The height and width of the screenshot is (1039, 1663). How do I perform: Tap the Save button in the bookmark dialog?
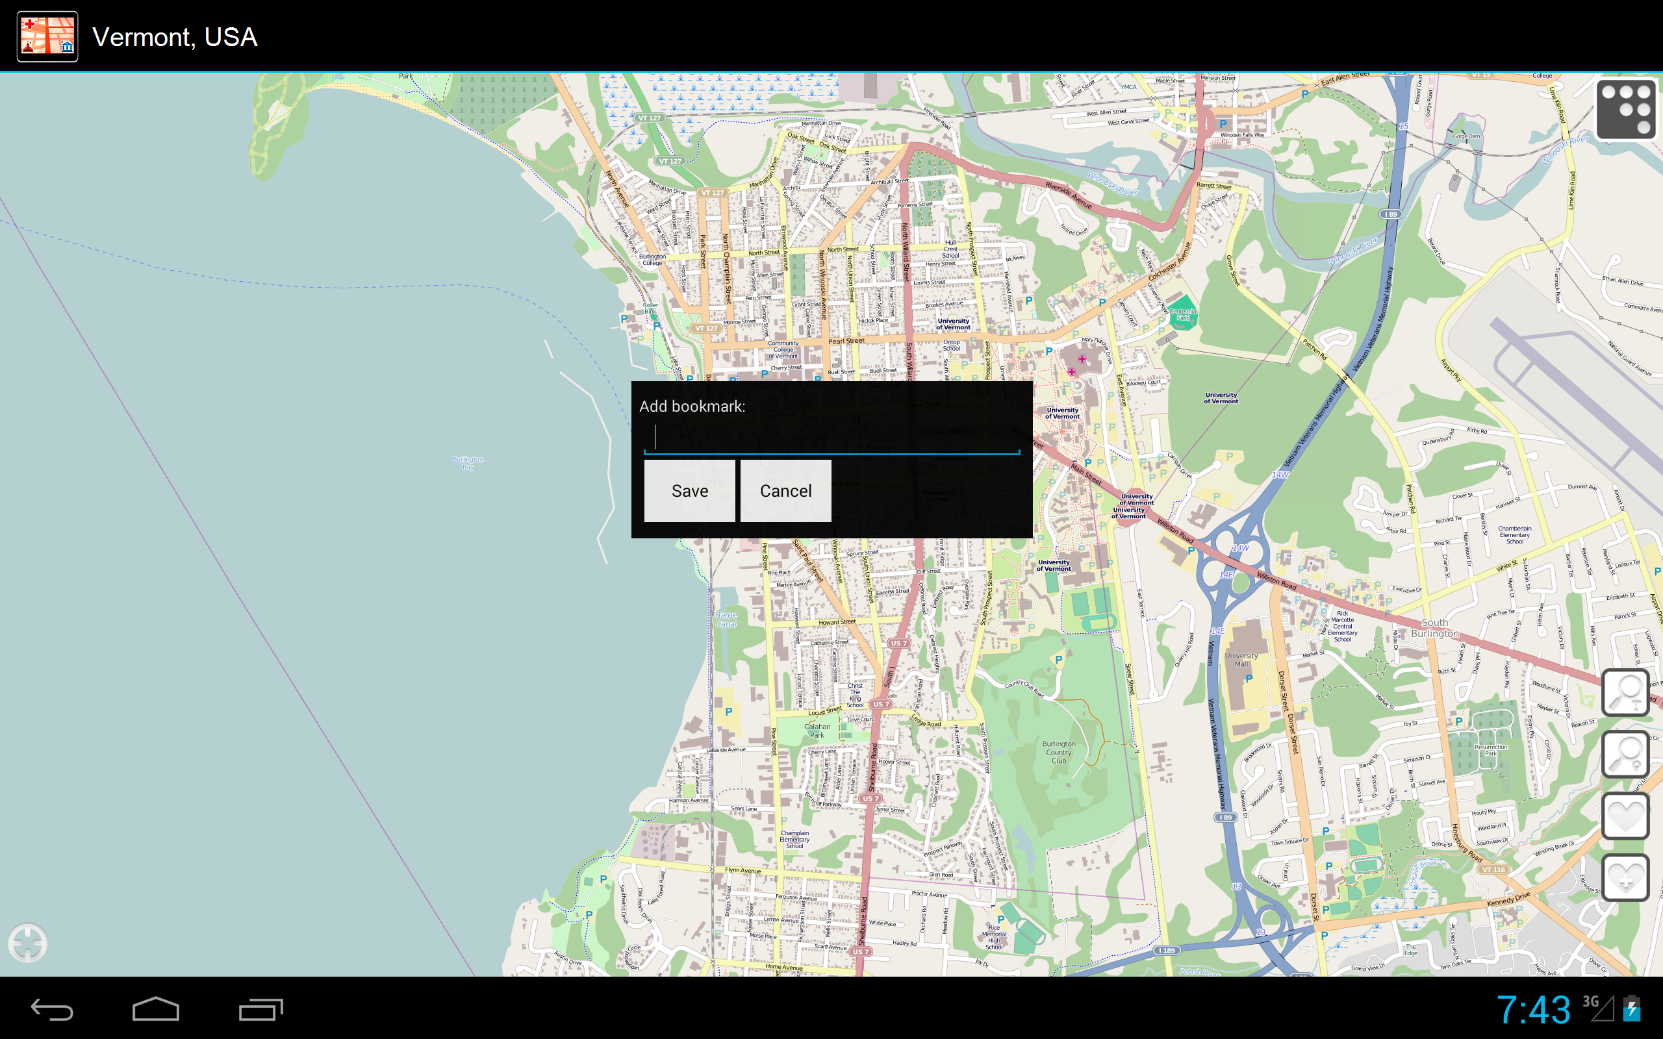(689, 491)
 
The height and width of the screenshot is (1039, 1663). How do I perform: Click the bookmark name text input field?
(831, 438)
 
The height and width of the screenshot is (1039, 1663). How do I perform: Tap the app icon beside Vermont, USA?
(47, 37)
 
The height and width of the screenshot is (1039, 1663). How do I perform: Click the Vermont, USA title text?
(175, 37)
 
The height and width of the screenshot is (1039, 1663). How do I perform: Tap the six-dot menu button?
(1625, 110)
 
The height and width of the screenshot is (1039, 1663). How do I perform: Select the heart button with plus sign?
(1625, 877)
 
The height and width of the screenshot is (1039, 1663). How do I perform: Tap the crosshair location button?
(28, 942)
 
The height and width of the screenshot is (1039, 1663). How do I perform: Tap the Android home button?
(156, 1009)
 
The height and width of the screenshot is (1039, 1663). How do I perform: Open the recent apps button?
(260, 1009)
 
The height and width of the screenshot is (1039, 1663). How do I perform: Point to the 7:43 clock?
(1533, 1009)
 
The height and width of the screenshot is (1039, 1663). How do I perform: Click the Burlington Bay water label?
(468, 463)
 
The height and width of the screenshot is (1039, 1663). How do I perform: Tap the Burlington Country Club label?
(1058, 752)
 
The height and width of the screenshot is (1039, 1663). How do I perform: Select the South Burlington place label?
(1434, 627)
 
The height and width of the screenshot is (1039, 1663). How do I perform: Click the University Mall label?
(1241, 660)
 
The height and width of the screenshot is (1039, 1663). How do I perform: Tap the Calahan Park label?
(817, 731)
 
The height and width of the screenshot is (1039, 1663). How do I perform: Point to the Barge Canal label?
(726, 619)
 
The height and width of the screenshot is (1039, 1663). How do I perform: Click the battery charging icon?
(1632, 1009)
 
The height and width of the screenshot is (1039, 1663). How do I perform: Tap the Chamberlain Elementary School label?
(1515, 534)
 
